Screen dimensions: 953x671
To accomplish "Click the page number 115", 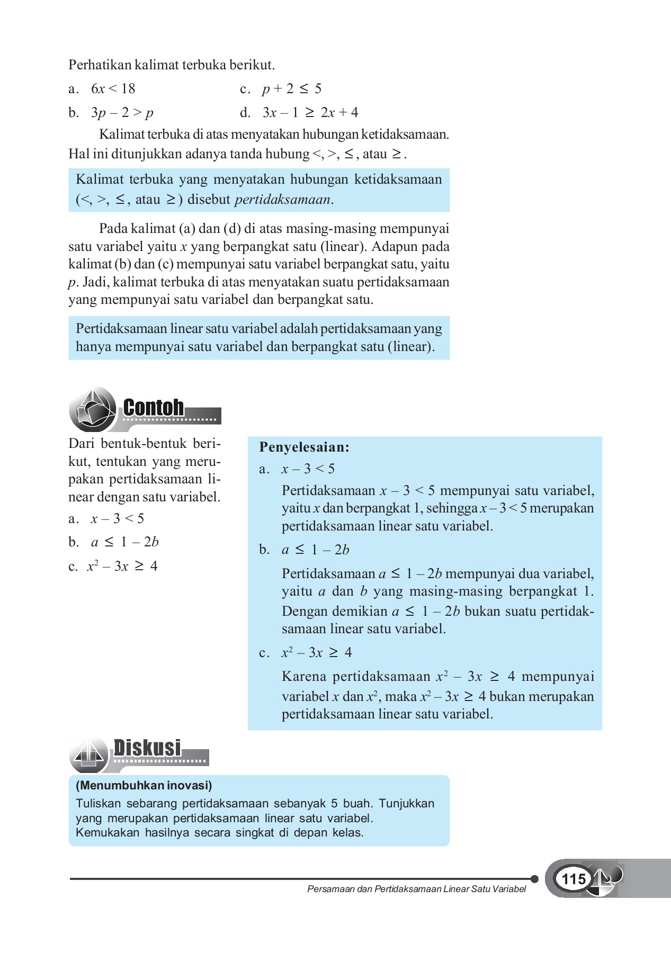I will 573,879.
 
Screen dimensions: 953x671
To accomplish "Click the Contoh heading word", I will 154,408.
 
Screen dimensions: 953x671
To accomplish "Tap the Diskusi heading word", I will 147,748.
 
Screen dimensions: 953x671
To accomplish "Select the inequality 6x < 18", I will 113,88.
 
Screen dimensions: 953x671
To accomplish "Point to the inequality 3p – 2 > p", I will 122,112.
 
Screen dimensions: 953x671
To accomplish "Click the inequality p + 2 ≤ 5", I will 291,88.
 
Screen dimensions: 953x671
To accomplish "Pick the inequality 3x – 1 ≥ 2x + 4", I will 310,112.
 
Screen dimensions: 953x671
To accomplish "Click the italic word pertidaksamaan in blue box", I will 282,200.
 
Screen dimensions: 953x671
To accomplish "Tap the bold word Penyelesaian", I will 304,447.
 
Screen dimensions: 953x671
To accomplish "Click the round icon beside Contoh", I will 92,409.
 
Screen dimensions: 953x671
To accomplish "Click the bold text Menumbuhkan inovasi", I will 144,785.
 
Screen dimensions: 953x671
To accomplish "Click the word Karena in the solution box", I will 303,677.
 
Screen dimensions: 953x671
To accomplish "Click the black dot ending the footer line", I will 534,879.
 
